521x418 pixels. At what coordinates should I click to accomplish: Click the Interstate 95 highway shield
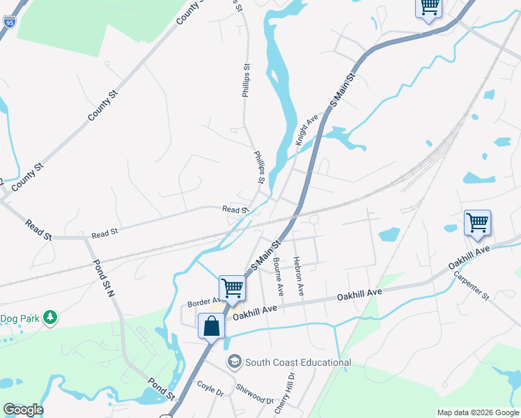tap(9, 22)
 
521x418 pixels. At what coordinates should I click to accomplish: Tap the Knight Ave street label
tap(306, 130)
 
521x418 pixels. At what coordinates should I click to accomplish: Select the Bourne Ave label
tap(279, 274)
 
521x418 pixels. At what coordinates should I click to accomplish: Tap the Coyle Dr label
tap(210, 388)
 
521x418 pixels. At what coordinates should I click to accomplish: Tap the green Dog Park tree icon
tap(49, 318)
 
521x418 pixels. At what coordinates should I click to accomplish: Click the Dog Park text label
tap(17, 318)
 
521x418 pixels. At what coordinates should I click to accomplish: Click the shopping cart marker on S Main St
tap(232, 287)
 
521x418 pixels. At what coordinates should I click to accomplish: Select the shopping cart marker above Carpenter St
tap(477, 224)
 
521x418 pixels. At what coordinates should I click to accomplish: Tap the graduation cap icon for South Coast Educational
tap(235, 362)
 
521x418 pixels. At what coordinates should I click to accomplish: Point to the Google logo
tap(23, 410)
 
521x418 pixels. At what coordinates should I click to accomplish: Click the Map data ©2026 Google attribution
tap(477, 412)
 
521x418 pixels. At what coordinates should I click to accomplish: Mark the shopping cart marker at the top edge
tap(428, 7)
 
